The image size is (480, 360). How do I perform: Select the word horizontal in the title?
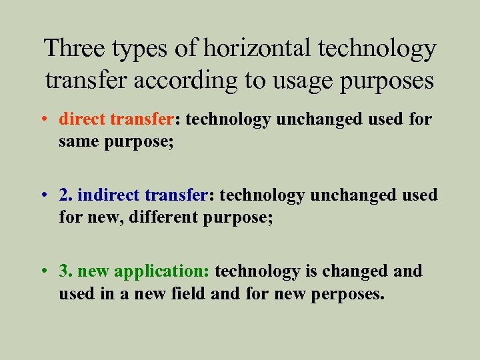click(x=259, y=49)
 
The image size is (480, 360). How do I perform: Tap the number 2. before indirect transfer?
click(x=66, y=195)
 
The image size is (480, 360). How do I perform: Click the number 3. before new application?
click(x=66, y=271)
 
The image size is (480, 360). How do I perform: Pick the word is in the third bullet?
click(x=309, y=271)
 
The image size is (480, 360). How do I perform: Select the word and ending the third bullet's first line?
click(x=408, y=271)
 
